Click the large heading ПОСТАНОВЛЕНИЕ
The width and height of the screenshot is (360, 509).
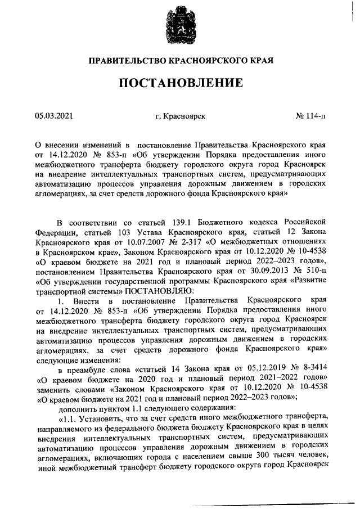click(x=180, y=83)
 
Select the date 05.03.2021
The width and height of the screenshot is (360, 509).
click(x=54, y=116)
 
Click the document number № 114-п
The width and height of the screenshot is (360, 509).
click(x=310, y=116)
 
